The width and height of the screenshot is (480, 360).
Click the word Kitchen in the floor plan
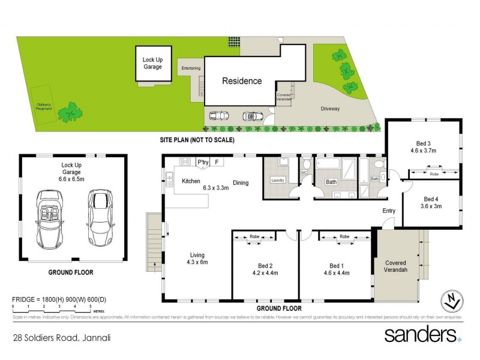pos(191,181)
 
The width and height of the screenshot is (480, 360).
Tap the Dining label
pos(241,183)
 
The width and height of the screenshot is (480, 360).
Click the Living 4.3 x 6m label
pos(196,258)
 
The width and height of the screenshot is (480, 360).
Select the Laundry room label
pos(277,181)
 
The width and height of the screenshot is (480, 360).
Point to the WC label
pos(305,173)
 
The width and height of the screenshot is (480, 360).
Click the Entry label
pos(389,211)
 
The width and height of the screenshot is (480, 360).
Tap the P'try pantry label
pos(202,161)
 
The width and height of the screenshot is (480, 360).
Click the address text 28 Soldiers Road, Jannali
pos(61,338)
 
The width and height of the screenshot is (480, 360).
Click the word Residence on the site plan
pos(242,81)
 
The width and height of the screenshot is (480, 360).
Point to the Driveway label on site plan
pos(329,109)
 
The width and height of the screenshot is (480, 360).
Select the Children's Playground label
pos(43,107)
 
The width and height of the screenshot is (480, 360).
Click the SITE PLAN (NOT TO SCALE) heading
pos(196,140)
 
